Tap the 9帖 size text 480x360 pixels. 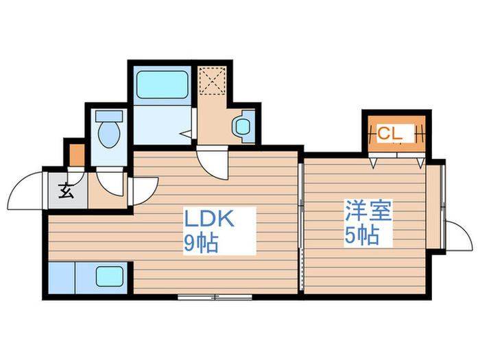click(200, 243)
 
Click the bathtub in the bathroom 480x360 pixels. click(162, 84)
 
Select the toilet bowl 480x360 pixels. click(108, 136)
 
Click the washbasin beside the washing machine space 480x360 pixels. click(242, 126)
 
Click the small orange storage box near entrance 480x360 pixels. click(77, 155)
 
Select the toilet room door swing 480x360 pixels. click(109, 180)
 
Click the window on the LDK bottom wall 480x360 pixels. click(215, 297)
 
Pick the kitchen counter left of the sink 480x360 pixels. click(62, 278)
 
